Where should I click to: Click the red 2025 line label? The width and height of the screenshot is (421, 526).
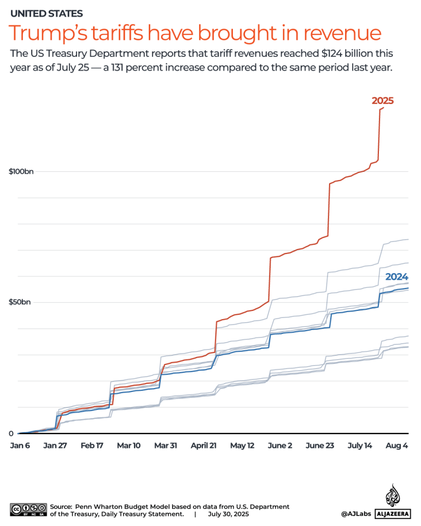[382, 101]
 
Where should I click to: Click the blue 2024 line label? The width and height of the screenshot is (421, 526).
[396, 277]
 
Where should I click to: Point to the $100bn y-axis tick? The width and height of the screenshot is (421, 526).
[21, 172]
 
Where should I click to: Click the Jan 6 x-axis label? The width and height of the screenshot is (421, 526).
[20, 446]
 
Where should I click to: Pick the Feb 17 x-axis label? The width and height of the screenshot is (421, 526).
[92, 446]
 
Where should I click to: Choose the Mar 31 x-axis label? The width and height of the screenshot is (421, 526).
[165, 446]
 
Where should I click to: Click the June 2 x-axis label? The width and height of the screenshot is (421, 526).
[280, 446]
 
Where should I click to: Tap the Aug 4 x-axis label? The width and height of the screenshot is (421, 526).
[397, 446]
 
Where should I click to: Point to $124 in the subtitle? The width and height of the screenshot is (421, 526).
[325, 54]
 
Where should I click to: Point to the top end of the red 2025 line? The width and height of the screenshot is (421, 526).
[383, 108]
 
